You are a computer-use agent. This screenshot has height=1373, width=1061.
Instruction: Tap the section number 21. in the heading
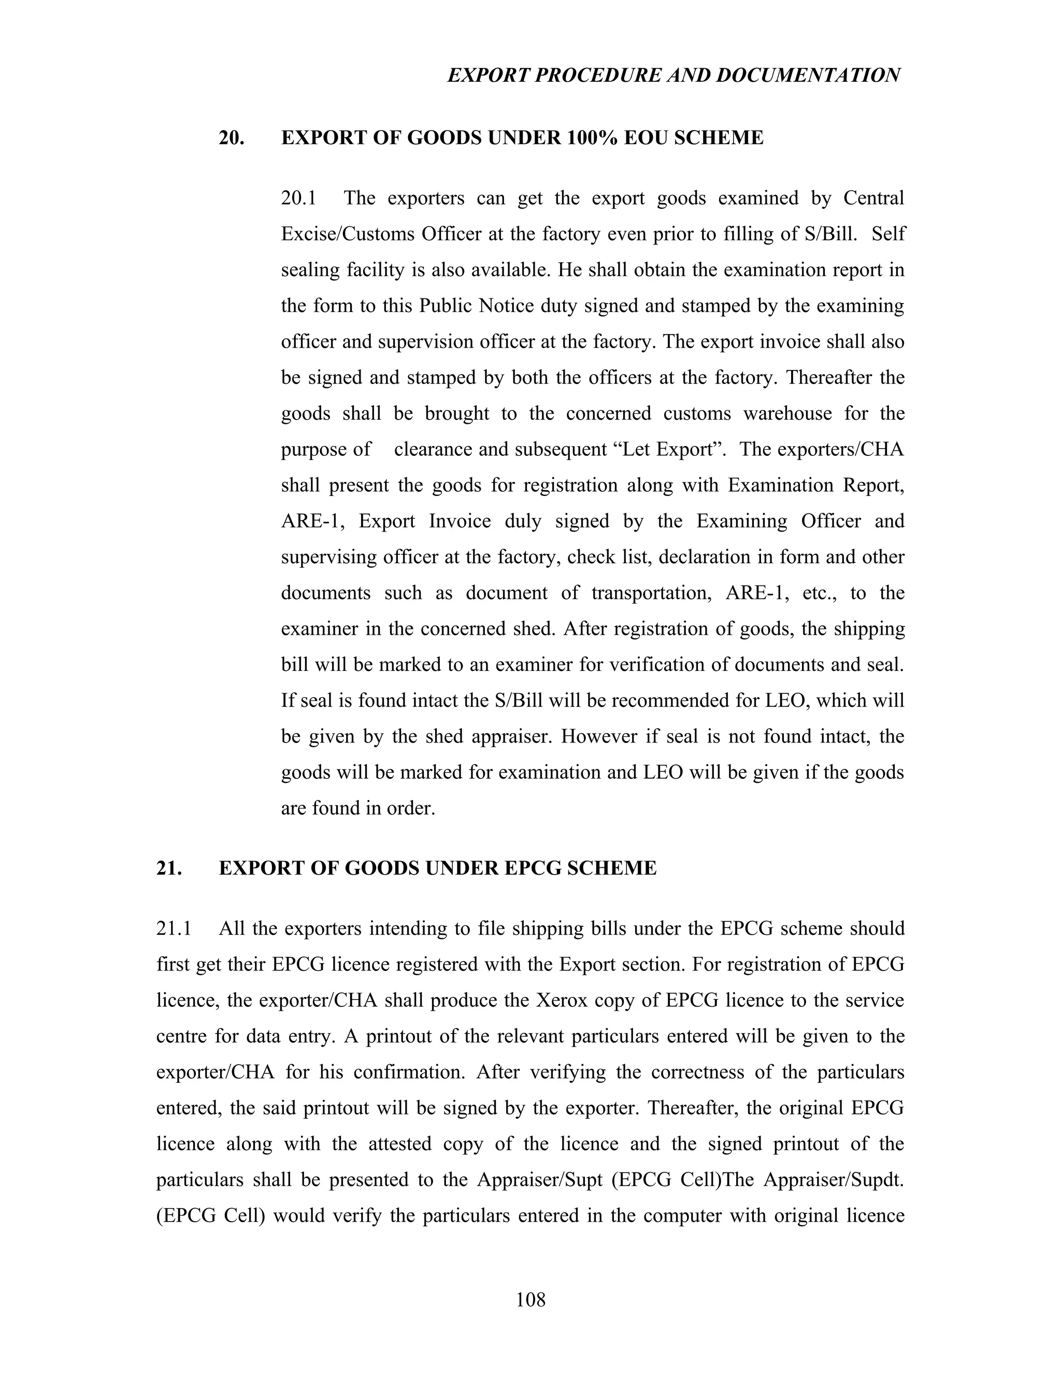click(169, 868)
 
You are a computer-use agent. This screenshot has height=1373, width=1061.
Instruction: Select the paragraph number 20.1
click(298, 198)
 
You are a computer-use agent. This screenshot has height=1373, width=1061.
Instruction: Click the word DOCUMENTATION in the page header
click(808, 76)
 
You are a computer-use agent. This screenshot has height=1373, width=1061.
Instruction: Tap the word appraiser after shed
click(510, 736)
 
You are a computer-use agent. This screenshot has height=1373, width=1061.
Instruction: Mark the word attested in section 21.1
click(400, 1143)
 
